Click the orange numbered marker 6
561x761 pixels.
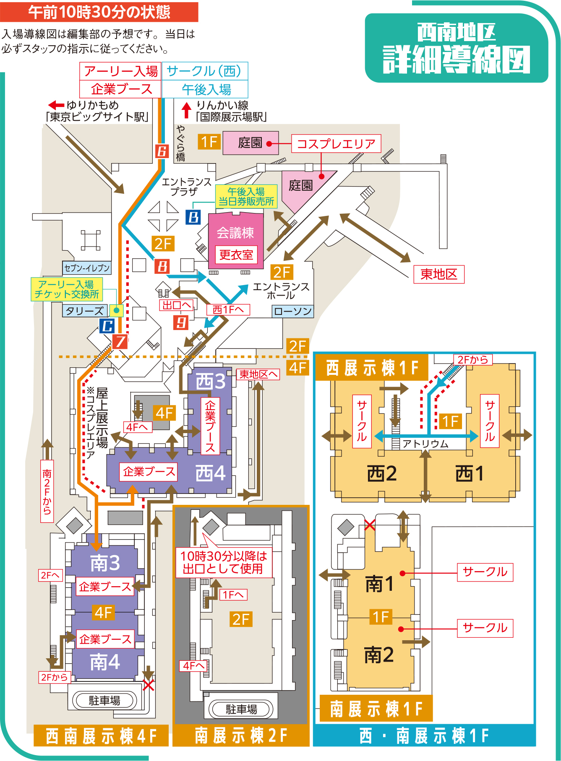point(162,151)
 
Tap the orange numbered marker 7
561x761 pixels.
point(120,341)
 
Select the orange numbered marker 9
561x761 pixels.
point(181,322)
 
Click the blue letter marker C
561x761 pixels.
point(107,326)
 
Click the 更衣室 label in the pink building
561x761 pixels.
point(236,255)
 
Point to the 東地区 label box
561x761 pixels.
point(439,274)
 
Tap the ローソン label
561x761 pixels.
point(293,311)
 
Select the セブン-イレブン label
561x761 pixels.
point(87,268)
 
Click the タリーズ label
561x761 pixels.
point(84,311)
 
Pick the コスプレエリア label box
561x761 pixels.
point(336,144)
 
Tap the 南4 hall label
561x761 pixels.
point(105,662)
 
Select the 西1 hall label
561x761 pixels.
point(470,474)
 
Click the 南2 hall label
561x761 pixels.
point(378,655)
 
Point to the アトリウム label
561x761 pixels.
point(425,444)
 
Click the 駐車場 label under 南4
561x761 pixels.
point(104,700)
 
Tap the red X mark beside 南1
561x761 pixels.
point(370,525)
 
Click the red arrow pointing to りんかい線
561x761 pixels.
point(186,110)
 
